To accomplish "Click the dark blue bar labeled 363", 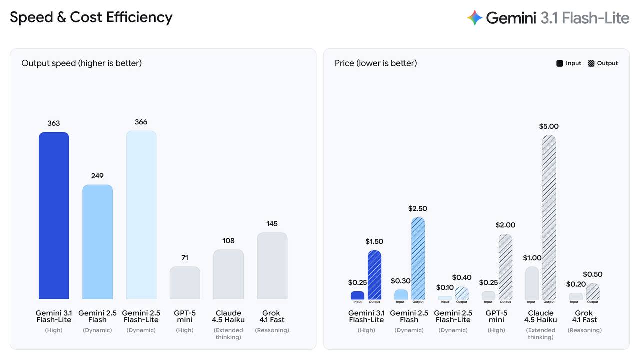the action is [54, 215].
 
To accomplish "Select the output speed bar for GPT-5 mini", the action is [185, 283].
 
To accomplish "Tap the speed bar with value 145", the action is [272, 266].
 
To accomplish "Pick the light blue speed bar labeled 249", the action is [97, 242].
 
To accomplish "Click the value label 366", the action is [141, 122].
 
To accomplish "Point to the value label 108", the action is [228, 241].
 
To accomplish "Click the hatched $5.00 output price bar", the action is [549, 217].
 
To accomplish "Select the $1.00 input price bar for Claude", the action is [532, 283].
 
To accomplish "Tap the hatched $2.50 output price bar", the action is [418, 258].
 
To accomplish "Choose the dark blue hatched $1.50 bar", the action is [374, 275].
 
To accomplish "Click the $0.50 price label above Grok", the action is [593, 274].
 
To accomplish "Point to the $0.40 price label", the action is [462, 277].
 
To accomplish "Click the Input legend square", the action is [559, 63].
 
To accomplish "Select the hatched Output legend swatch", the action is [591, 63].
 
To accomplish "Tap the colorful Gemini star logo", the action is [475, 18].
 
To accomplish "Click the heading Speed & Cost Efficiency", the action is [91, 17].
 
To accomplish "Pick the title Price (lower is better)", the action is [376, 63].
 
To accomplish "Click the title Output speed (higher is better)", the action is [81, 63].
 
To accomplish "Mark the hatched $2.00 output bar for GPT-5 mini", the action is [505, 267].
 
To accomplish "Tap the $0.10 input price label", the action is [445, 287].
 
